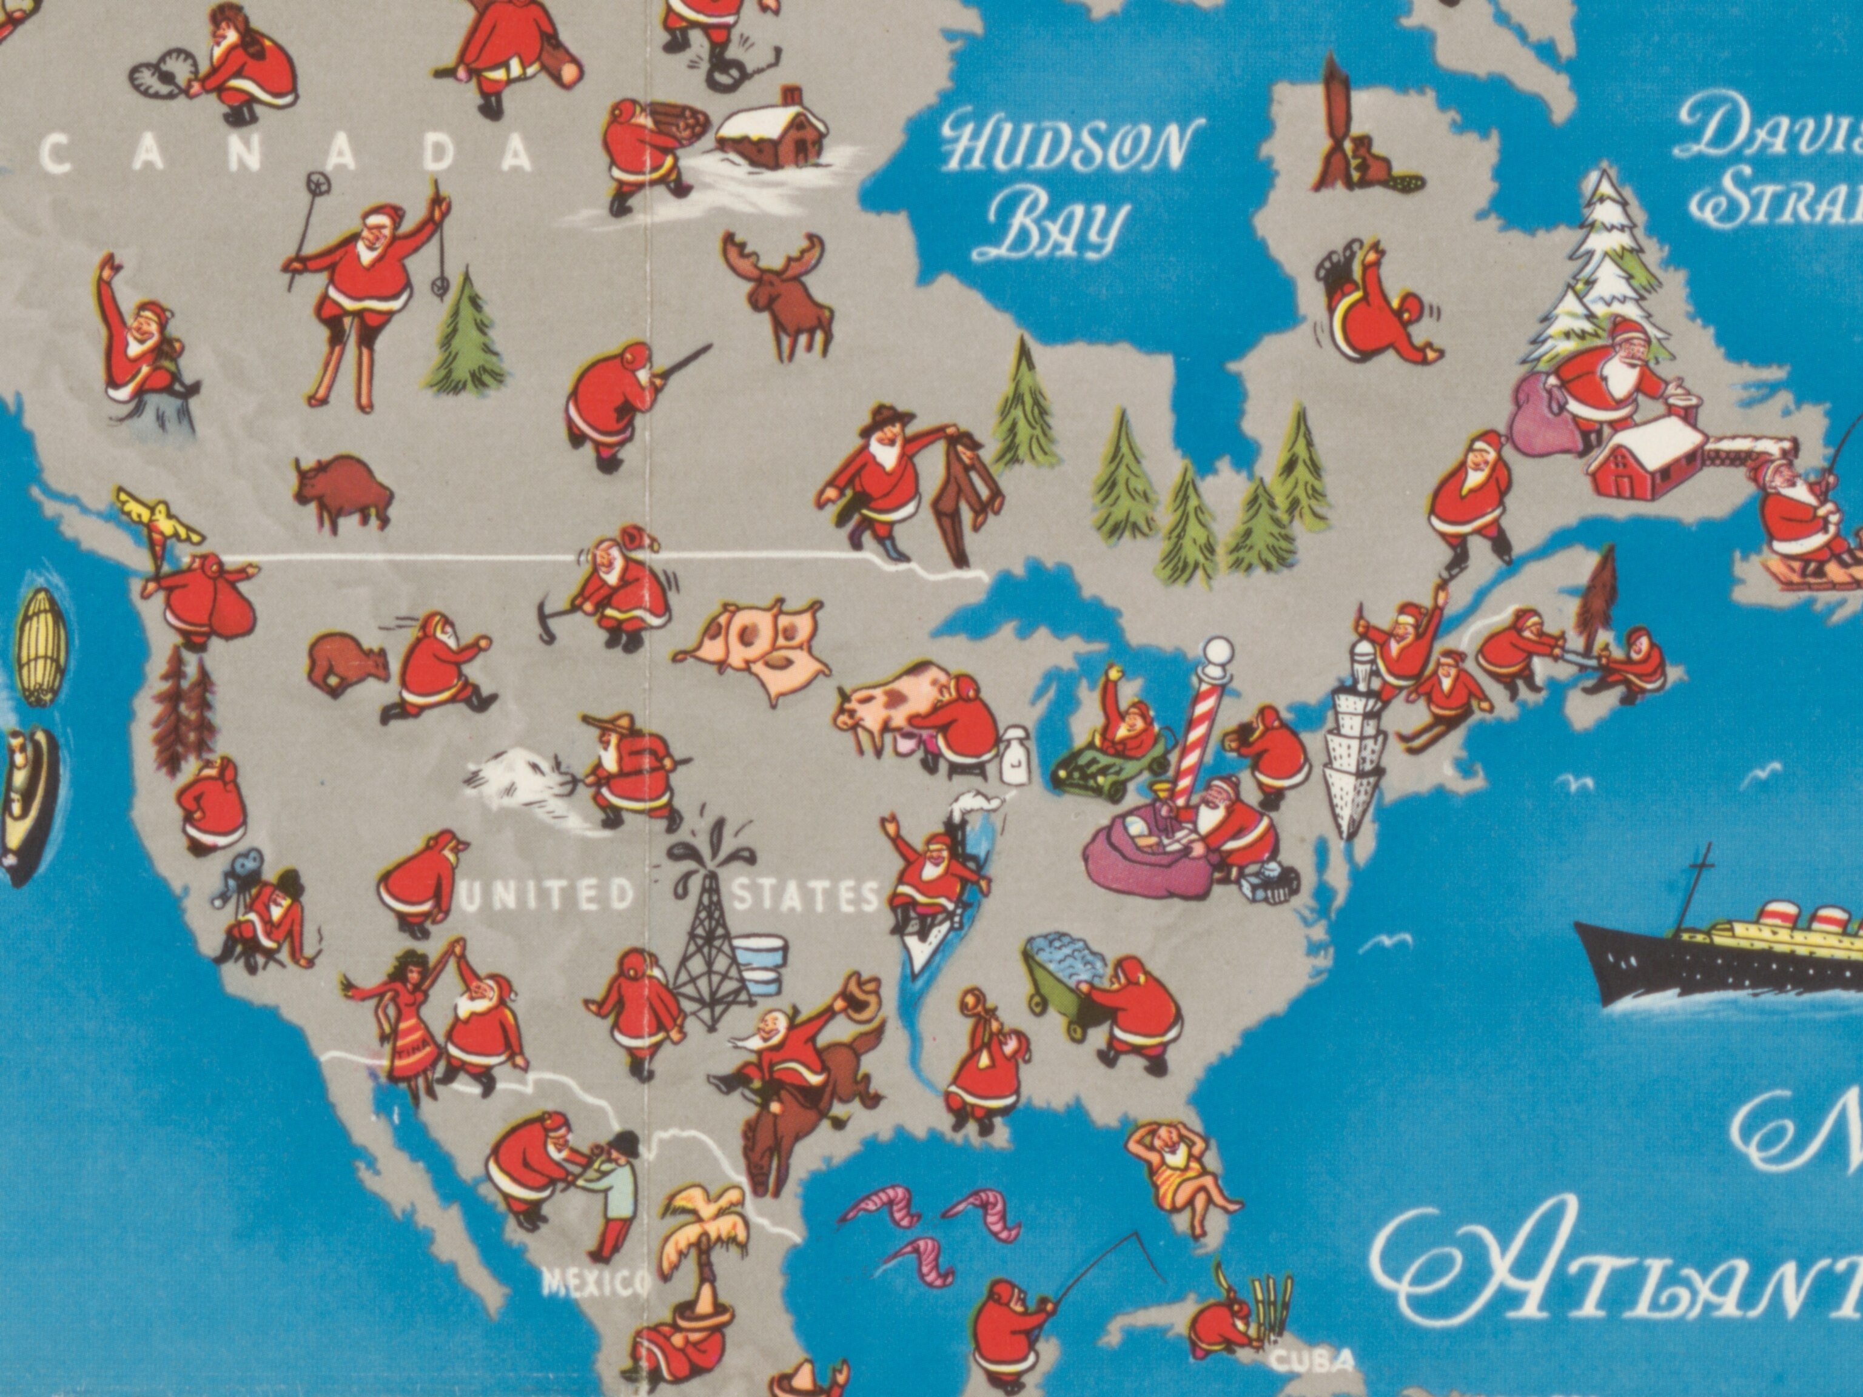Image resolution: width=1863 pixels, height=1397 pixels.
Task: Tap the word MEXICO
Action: pyautogui.click(x=596, y=1284)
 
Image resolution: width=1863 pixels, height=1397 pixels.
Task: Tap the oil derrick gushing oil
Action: pyautogui.click(x=710, y=926)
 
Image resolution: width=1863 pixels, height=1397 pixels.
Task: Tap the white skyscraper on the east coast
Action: pyautogui.click(x=1354, y=741)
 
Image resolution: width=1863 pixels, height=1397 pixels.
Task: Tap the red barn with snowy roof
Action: pyautogui.click(x=1642, y=459)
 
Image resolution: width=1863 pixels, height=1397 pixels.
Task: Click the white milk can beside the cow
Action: pyautogui.click(x=1016, y=755)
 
